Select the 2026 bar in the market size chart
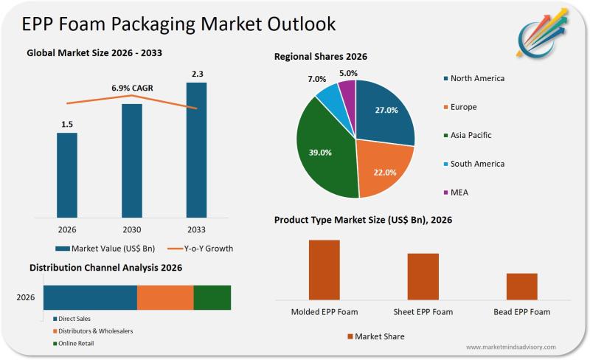click(67, 175)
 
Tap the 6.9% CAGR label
click(132, 88)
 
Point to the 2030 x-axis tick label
click(131, 229)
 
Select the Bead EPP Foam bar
click(521, 285)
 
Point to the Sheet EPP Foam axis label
click(423, 312)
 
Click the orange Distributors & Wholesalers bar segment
click(165, 297)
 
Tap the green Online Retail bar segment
click(212, 297)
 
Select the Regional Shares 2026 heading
click(321, 57)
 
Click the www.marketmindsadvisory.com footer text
click(511, 347)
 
